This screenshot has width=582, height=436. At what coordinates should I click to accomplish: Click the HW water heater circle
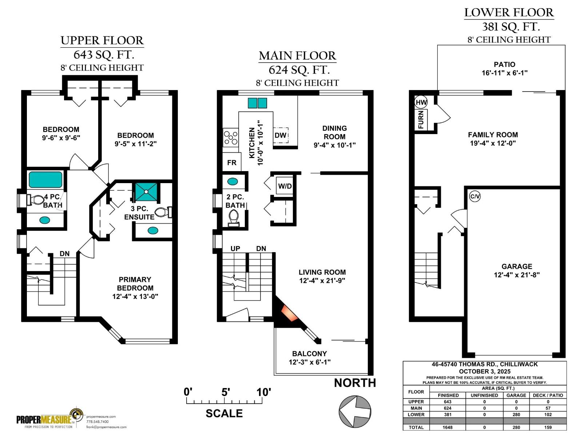tap(421, 102)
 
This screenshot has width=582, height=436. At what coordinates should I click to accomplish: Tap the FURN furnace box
tap(421, 120)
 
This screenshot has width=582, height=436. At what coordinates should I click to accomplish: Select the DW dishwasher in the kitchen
tap(280, 135)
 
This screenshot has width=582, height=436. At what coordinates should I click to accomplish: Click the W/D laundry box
tap(285, 186)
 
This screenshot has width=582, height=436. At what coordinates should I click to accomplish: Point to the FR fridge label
tap(232, 163)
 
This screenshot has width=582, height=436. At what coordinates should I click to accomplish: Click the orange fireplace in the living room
tap(290, 313)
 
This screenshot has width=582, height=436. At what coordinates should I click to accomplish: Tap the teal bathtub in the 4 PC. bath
tap(45, 179)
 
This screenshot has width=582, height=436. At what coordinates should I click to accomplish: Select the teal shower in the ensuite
tap(146, 192)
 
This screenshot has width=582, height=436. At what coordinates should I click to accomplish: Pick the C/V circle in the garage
tap(475, 197)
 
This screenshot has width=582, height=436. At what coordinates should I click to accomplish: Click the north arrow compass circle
tap(355, 412)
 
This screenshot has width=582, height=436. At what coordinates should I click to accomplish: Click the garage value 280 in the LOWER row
tap(516, 415)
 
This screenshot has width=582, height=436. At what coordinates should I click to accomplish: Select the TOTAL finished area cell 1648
tap(447, 427)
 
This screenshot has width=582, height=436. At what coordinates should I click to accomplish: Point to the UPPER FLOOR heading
tap(102, 40)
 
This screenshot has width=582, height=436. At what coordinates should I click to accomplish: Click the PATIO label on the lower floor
tap(505, 64)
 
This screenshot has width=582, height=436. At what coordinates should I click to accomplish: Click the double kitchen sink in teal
tap(257, 103)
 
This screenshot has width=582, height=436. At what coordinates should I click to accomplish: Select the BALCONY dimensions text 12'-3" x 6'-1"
tap(310, 362)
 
